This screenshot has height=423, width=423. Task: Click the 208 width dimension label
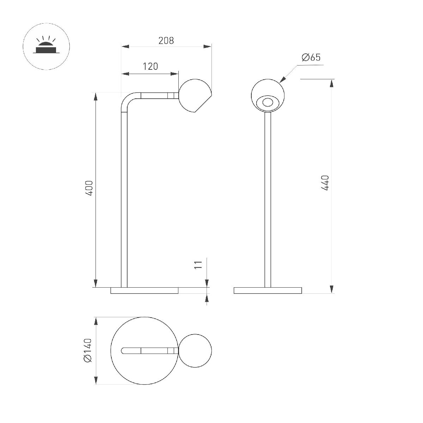(166, 41)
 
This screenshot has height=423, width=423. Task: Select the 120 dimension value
(151, 66)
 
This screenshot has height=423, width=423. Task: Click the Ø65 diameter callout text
(311, 57)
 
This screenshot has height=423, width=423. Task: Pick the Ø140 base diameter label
(88, 350)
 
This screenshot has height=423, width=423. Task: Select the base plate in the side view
(145, 290)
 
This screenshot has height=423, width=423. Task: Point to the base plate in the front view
(268, 290)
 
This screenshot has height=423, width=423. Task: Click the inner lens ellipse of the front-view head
(268, 103)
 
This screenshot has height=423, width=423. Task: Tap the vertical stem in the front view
(268, 197)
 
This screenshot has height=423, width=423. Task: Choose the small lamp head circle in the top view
(195, 350)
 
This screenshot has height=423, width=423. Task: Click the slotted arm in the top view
(148, 350)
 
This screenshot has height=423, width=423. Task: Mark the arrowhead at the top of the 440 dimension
(332, 83)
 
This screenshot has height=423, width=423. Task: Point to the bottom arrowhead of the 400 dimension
(95, 283)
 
